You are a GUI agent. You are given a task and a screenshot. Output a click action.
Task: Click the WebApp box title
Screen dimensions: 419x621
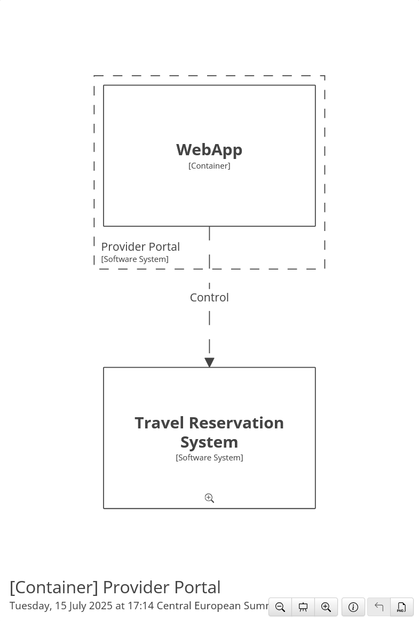(209, 150)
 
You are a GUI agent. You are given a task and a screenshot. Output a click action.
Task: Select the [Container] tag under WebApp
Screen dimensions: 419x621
(209, 166)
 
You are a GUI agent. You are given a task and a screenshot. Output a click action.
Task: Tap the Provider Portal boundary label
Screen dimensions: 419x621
(140, 246)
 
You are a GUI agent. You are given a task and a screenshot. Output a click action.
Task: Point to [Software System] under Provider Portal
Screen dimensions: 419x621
(135, 259)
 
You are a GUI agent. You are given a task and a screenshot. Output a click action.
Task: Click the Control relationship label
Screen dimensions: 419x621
(209, 298)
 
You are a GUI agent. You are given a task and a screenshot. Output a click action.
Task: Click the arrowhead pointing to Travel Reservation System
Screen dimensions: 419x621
(209, 362)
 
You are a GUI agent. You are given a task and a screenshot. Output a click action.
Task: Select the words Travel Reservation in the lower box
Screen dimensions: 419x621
(209, 423)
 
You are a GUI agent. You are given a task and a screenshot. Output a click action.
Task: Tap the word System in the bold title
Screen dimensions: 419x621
(209, 442)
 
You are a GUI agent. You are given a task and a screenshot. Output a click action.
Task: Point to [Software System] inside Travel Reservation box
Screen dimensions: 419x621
(209, 458)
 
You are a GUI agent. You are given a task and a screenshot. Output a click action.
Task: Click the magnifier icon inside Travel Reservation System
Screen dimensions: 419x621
(209, 498)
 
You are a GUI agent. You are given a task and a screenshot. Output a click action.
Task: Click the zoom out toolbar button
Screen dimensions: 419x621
(280, 607)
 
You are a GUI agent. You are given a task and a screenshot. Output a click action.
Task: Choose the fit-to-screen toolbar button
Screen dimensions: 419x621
(303, 607)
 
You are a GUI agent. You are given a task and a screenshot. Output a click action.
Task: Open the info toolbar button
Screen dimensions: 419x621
(353, 607)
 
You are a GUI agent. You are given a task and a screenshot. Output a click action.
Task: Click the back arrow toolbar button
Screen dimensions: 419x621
(379, 607)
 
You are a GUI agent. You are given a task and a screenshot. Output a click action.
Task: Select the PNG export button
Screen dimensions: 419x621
(401, 607)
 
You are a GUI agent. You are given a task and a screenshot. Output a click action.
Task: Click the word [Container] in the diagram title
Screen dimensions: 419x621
(54, 587)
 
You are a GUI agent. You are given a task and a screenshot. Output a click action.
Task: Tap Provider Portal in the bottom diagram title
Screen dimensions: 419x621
(162, 587)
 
